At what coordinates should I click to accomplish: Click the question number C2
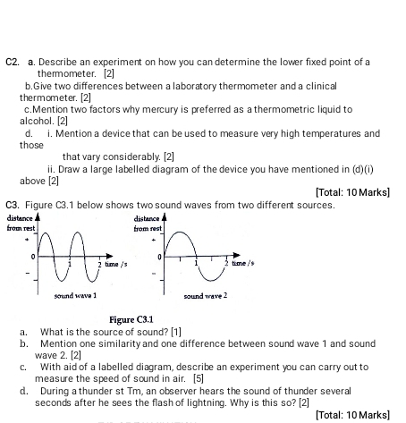[13, 63]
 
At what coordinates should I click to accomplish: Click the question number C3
[13, 205]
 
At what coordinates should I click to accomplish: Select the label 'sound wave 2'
[207, 294]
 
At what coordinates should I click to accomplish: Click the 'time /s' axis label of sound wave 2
[244, 265]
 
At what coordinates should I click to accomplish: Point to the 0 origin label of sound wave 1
[33, 257]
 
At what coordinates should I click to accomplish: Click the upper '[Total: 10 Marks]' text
[353, 193]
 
